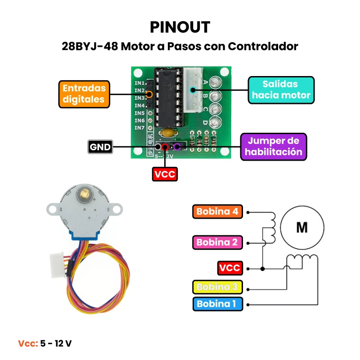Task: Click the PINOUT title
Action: (180, 27)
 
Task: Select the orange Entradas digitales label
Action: (84, 94)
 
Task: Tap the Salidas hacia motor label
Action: (281, 90)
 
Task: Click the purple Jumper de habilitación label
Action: (274, 146)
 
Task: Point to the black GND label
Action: (100, 147)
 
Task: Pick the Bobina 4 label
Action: (217, 211)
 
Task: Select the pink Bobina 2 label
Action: (217, 242)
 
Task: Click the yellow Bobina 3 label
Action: (217, 287)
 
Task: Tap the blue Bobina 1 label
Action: (216, 304)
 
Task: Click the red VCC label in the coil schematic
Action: (230, 268)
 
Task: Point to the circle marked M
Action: (302, 227)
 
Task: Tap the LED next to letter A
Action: (216, 83)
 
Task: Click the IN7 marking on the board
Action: (139, 128)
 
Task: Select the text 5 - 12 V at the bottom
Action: (56, 343)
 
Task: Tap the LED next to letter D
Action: (216, 121)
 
